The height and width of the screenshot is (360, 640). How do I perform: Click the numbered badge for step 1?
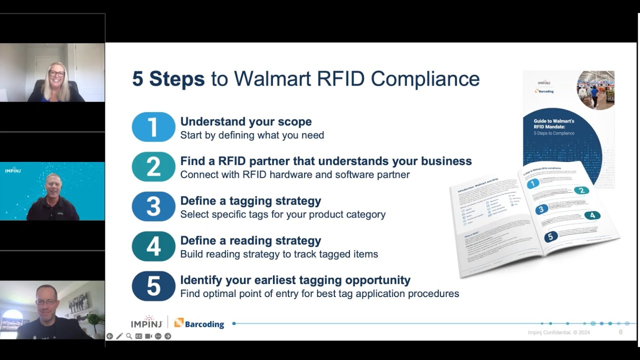coord(153,127)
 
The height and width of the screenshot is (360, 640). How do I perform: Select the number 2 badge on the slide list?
coord(153,166)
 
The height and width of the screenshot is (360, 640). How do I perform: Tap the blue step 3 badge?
coord(153,206)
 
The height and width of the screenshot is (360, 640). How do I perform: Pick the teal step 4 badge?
coord(153,246)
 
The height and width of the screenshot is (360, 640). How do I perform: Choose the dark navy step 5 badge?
coord(153,286)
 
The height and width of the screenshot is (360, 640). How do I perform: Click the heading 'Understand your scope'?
coord(246,121)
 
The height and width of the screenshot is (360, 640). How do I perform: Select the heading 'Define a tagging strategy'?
coord(250,201)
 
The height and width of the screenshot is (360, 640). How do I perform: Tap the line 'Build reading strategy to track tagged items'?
coord(279,254)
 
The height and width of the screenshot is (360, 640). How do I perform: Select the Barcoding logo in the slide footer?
coord(199,323)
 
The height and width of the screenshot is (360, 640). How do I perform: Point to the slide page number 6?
coord(620,332)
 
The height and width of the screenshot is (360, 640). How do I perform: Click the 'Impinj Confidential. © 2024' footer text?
coord(559,332)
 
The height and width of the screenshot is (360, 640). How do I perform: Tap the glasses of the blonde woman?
coord(56,73)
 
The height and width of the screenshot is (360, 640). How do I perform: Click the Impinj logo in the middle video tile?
coord(12,170)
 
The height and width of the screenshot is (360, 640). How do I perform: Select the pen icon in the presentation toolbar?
coord(119,336)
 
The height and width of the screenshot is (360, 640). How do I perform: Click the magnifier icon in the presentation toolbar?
coord(129,336)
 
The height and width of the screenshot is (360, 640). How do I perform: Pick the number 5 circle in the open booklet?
coord(550,236)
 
